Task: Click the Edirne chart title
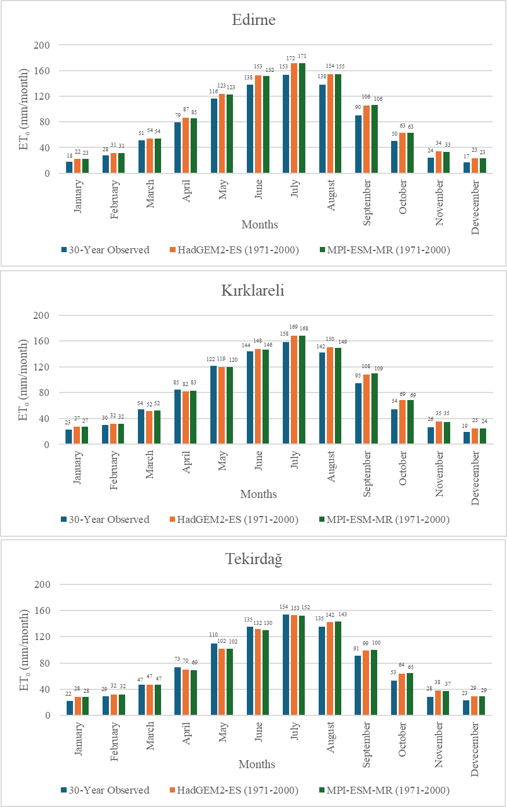pyautogui.click(x=253, y=20)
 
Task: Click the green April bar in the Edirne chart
pyautogui.click(x=194, y=146)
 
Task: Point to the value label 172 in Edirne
pyautogui.click(x=290, y=59)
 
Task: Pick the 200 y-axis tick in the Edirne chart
pyautogui.click(x=42, y=45)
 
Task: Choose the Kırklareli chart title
pyautogui.click(x=253, y=290)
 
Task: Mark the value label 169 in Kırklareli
pyautogui.click(x=294, y=328)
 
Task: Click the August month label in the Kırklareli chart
pyautogui.click(x=331, y=466)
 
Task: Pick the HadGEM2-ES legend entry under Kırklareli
pyautogui.click(x=234, y=519)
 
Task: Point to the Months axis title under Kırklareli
pyautogui.click(x=258, y=494)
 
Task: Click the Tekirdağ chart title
pyautogui.click(x=253, y=559)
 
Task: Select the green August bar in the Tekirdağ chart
pyautogui.click(x=338, y=668)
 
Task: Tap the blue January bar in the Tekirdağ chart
pyautogui.click(x=70, y=708)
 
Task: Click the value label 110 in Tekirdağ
pyautogui.click(x=214, y=635)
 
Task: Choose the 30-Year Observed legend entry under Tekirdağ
pyautogui.click(x=105, y=790)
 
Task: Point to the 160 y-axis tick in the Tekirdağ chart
pyautogui.click(x=42, y=610)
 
